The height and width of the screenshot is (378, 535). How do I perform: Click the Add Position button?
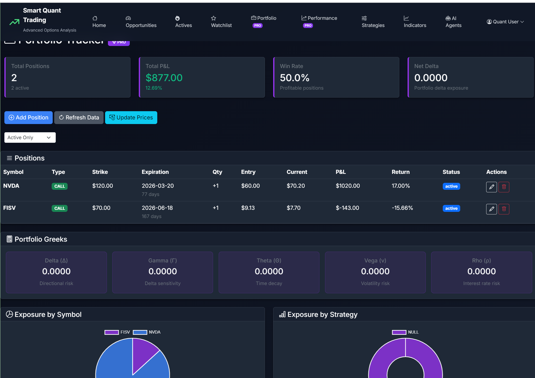[29, 118]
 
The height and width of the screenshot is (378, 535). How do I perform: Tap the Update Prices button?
[131, 118]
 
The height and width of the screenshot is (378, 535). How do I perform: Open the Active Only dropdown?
[30, 138]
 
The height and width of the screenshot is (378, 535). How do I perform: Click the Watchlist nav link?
[221, 22]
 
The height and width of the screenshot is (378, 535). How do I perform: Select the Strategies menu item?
[373, 22]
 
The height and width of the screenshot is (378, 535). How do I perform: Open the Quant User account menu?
[505, 22]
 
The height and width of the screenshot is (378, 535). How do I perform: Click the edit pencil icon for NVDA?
[491, 187]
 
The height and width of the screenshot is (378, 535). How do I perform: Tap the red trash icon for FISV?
[504, 209]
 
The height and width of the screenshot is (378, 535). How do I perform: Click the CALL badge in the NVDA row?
[60, 186]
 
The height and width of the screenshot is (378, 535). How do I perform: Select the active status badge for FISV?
[451, 209]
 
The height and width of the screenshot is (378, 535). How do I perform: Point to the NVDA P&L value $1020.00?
[348, 186]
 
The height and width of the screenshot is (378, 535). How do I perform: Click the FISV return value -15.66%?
[402, 208]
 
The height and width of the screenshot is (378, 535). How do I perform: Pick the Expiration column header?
[155, 172]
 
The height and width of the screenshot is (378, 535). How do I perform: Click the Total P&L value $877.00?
[164, 78]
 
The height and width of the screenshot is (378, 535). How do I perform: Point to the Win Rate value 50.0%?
[294, 78]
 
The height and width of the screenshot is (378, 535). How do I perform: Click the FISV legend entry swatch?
[112, 332]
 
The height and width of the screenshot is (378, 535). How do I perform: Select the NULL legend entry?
[405, 332]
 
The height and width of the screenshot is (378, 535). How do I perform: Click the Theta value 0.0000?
[269, 271]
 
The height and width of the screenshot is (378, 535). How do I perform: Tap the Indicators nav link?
[415, 22]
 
